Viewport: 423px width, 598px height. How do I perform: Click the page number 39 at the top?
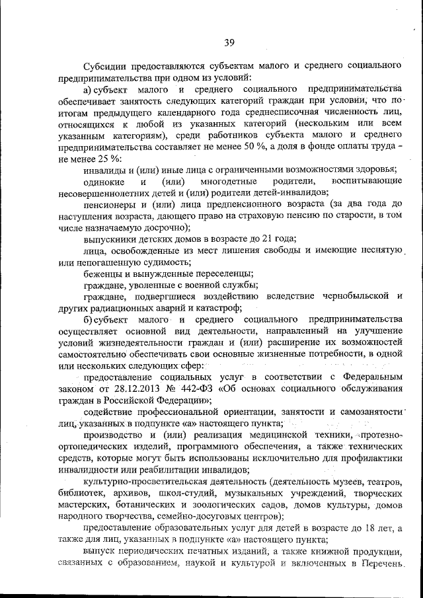pyautogui.click(x=229, y=43)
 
